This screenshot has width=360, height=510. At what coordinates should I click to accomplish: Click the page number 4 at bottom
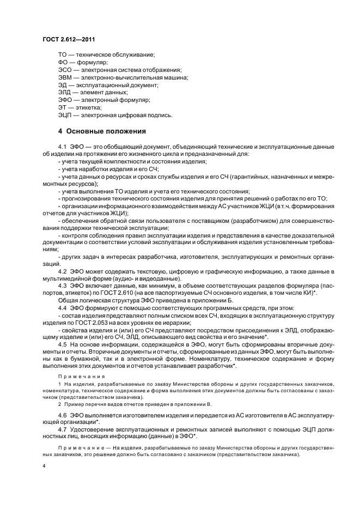(44, 467)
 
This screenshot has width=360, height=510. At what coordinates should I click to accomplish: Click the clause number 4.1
(62, 147)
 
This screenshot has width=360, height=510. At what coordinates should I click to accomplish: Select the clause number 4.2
(62, 271)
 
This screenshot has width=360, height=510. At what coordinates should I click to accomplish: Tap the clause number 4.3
(62, 286)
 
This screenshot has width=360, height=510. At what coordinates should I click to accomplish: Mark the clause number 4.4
(62, 308)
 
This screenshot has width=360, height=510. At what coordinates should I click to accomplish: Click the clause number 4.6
(62, 416)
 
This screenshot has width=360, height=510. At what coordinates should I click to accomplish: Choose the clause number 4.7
(62, 430)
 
